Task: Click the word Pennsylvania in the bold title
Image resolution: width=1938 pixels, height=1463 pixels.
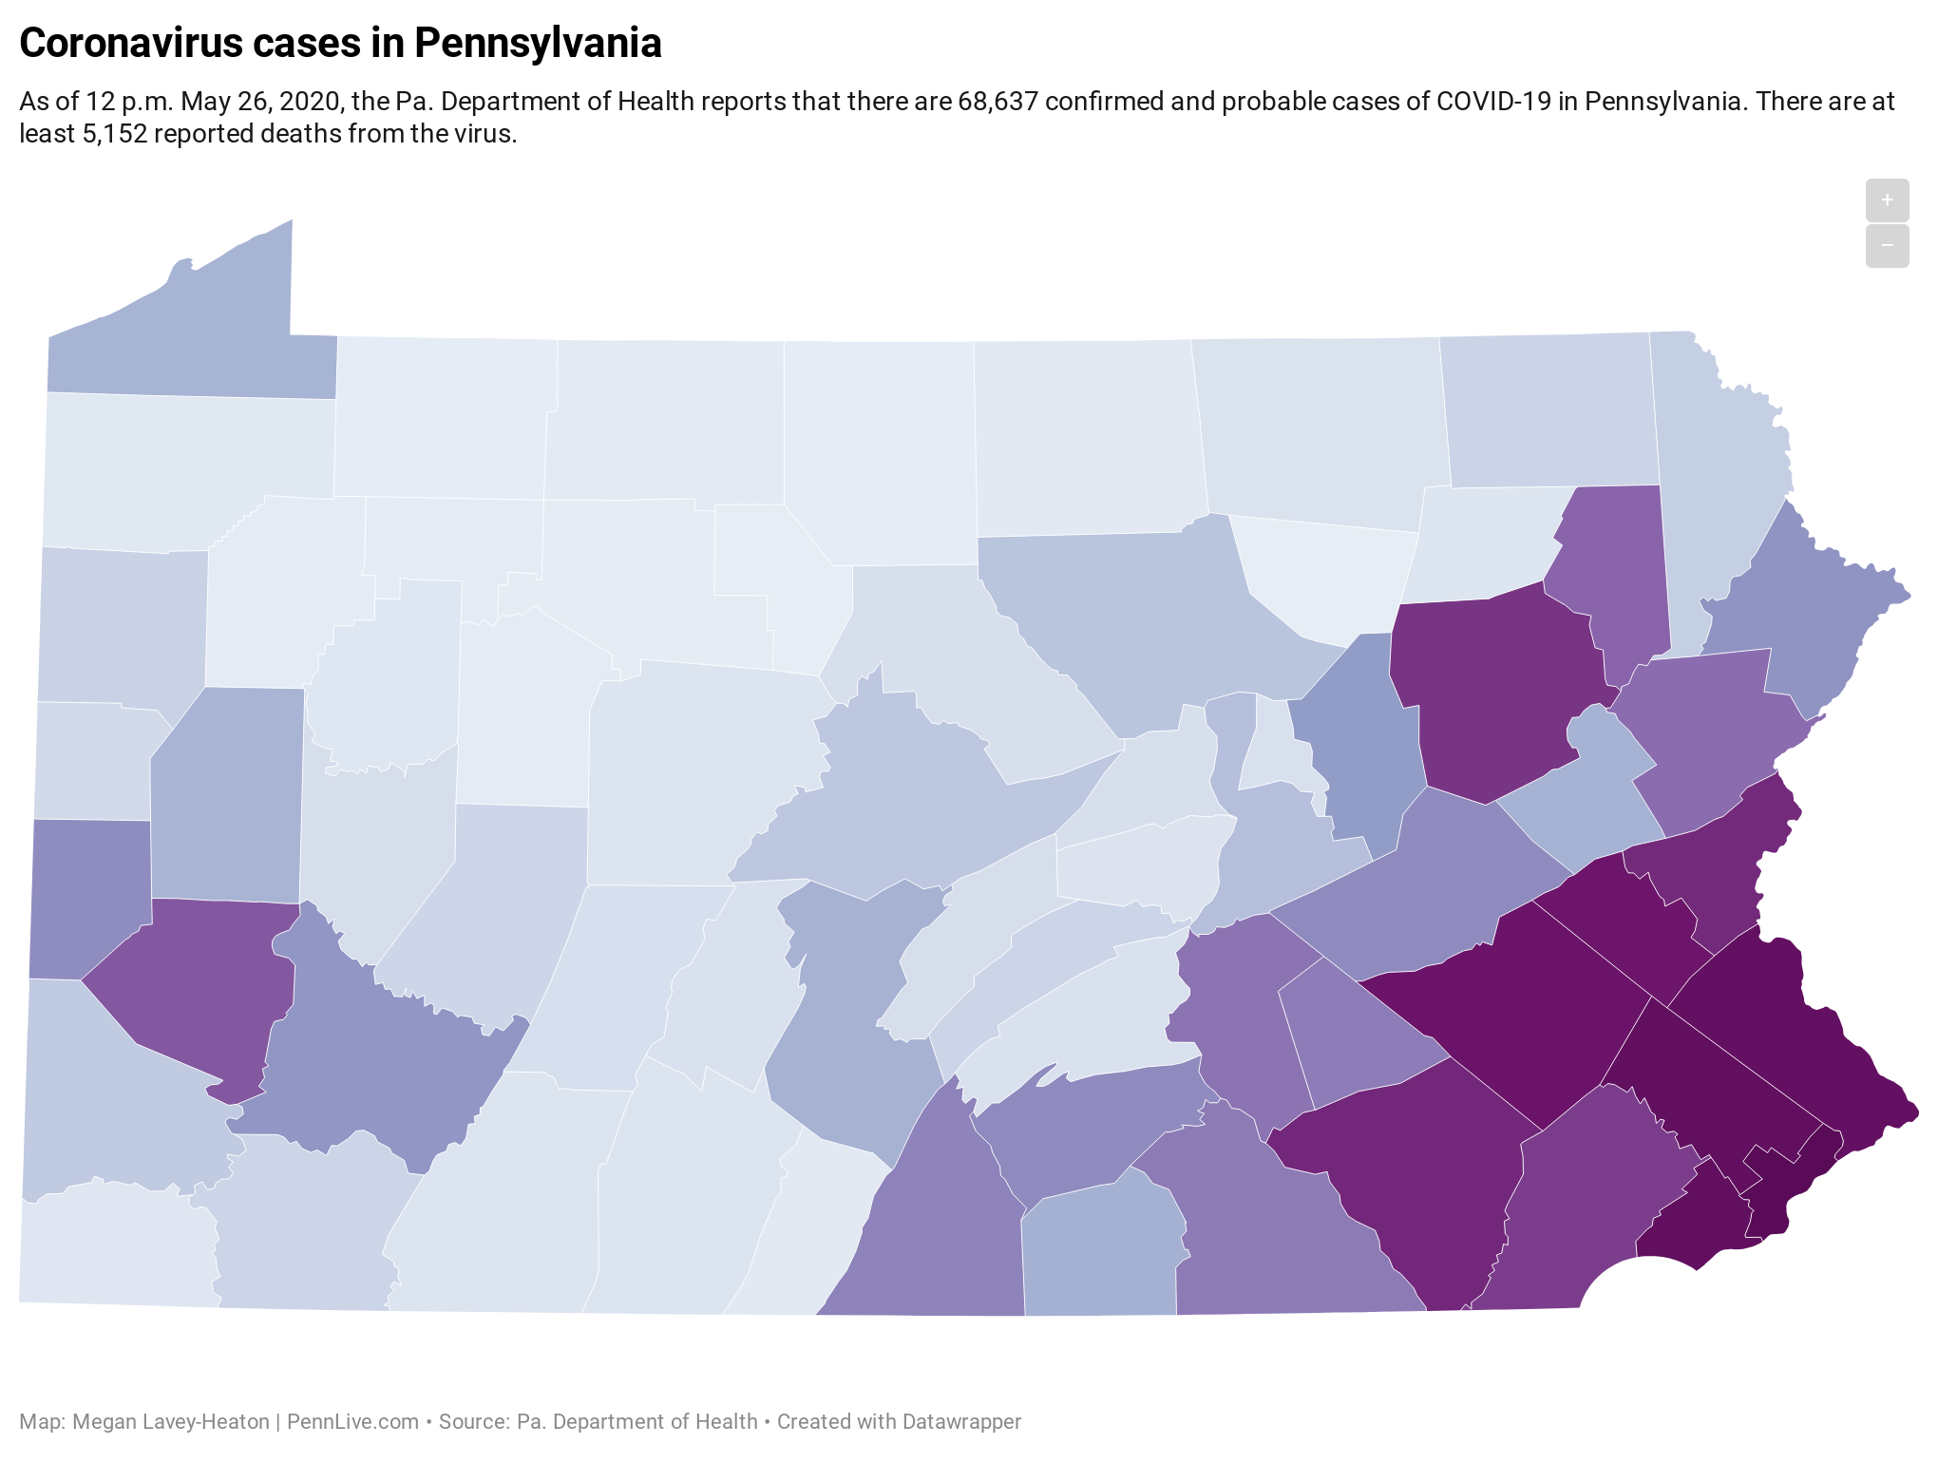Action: (538, 44)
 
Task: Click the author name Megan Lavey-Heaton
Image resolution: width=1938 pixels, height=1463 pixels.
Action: (171, 1422)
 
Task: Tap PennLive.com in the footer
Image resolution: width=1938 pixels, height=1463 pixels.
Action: (352, 1422)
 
